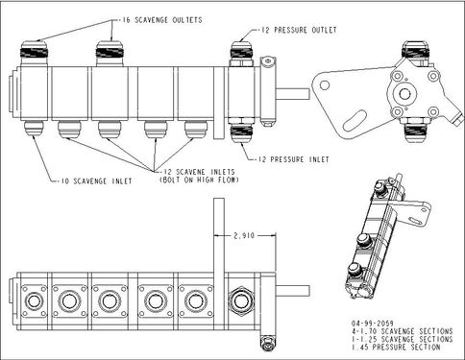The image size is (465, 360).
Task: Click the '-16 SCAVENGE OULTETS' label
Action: click(x=163, y=20)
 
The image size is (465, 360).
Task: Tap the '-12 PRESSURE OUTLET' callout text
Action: click(x=299, y=30)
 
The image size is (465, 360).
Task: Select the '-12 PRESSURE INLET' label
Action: click(x=294, y=159)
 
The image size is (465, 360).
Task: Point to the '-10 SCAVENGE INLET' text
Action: click(x=96, y=181)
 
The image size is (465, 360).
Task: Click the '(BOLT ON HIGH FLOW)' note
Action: click(x=199, y=180)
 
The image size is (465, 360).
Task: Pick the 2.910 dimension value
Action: click(x=244, y=236)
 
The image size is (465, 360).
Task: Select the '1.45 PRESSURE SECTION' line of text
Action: click(x=396, y=347)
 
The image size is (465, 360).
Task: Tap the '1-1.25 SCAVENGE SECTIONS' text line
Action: click(x=402, y=339)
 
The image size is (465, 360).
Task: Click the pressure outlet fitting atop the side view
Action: click(x=242, y=53)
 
